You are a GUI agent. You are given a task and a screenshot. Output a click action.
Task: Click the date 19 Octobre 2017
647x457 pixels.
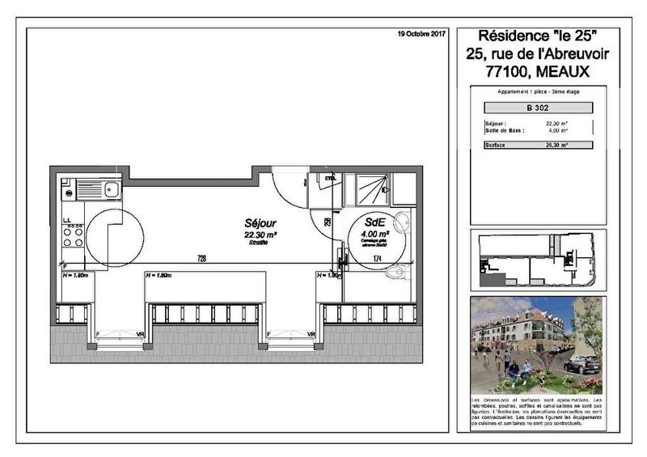pyautogui.click(x=423, y=35)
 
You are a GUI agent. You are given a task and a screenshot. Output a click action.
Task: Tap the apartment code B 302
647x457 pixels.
pyautogui.click(x=538, y=108)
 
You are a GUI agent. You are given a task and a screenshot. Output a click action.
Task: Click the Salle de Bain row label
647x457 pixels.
pyautogui.click(x=504, y=129)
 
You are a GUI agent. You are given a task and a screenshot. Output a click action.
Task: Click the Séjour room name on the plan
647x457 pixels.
pyautogui.click(x=260, y=222)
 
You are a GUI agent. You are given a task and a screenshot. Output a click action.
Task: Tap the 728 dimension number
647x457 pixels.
pyautogui.click(x=201, y=259)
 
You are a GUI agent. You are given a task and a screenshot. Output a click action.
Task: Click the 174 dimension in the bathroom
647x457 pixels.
pyautogui.click(x=377, y=258)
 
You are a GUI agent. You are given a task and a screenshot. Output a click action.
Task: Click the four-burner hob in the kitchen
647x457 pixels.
pyautogui.click(x=73, y=235)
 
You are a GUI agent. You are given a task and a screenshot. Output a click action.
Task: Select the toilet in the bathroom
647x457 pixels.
pyautogui.click(x=396, y=272)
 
